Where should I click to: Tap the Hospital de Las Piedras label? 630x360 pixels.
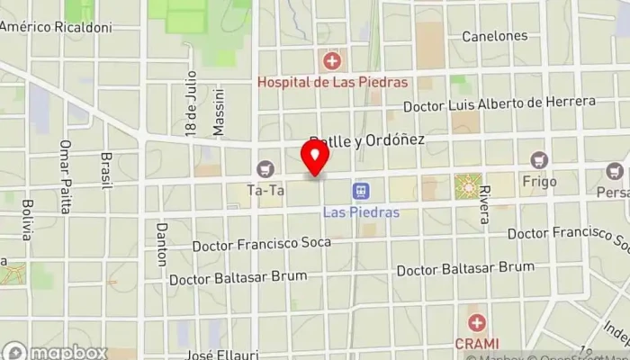pyautogui.click(x=332, y=82)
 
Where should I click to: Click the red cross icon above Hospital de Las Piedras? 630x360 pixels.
pyautogui.click(x=332, y=61)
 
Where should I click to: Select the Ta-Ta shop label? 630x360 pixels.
pyautogui.click(x=265, y=190)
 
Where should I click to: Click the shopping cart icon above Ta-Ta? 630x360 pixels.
pyautogui.click(x=265, y=168)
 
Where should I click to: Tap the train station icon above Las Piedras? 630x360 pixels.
pyautogui.click(x=361, y=192)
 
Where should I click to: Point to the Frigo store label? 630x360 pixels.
pyautogui.click(x=539, y=182)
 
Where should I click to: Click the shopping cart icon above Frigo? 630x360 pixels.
pyautogui.click(x=539, y=160)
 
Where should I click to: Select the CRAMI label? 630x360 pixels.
pyautogui.click(x=476, y=343)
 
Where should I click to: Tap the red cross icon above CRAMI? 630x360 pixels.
pyautogui.click(x=476, y=322)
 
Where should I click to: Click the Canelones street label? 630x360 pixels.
pyautogui.click(x=494, y=36)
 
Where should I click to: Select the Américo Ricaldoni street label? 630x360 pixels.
pyautogui.click(x=56, y=28)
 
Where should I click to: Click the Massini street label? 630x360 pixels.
pyautogui.click(x=218, y=112)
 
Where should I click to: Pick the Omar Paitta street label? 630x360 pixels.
pyautogui.click(x=65, y=176)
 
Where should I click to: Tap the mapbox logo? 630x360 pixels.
pyautogui.click(x=56, y=351)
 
